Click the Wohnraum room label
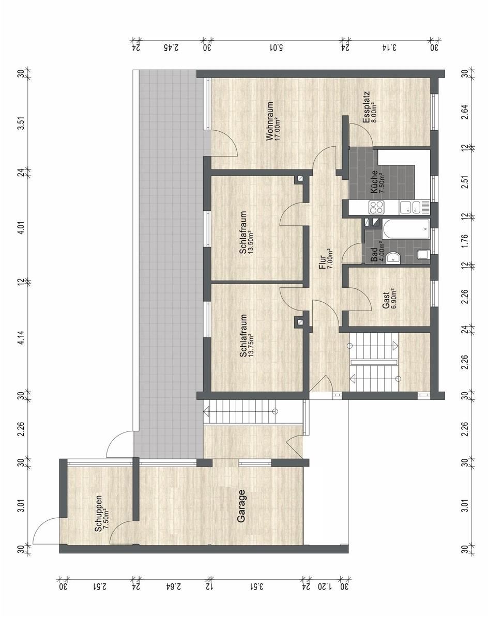(270, 121)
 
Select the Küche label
(374, 182)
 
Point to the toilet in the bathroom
(424, 254)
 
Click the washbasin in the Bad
(393, 257)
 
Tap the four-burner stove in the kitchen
(377, 207)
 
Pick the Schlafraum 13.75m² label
(246, 336)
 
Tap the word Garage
(241, 506)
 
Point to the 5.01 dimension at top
(276, 47)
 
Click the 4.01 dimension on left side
(22, 229)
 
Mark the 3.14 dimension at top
(389, 47)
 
